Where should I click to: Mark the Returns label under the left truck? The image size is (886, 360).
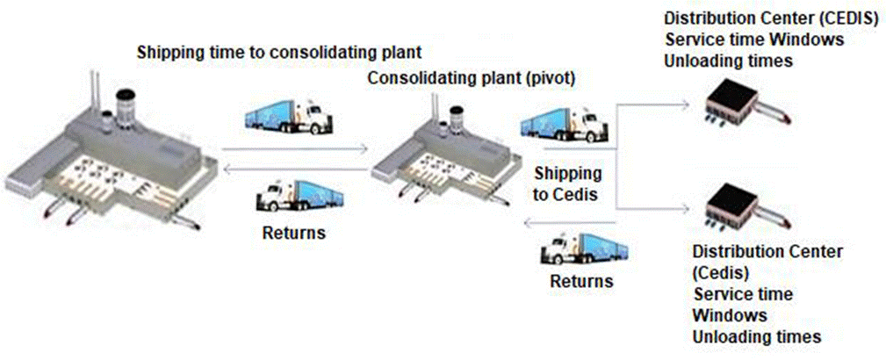coord(294,234)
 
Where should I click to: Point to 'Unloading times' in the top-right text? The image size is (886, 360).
coord(729,61)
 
